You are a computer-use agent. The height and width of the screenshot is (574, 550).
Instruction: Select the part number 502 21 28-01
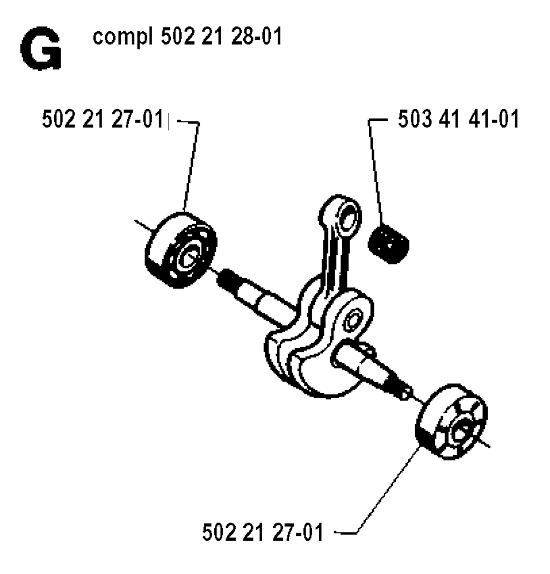click(x=221, y=36)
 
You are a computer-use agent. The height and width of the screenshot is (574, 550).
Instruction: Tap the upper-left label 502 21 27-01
click(x=103, y=119)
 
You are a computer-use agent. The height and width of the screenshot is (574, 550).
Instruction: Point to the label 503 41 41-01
click(x=459, y=119)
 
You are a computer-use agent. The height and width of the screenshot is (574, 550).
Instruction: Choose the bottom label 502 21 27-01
click(x=263, y=532)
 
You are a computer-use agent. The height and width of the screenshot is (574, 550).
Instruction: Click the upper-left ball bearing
click(x=181, y=250)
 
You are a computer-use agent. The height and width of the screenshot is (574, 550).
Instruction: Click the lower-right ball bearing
click(x=452, y=421)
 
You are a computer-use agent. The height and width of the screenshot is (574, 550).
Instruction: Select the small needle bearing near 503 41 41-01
click(x=389, y=244)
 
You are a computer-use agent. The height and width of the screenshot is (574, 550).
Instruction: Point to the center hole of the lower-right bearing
click(x=462, y=432)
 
